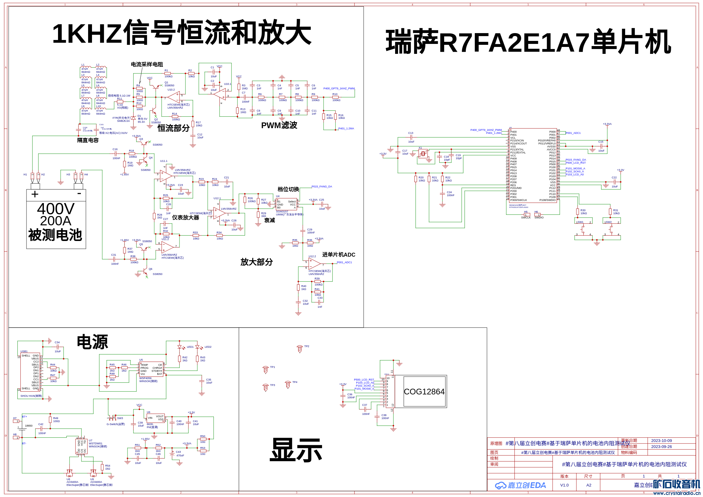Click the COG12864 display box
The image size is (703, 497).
coord(424,391)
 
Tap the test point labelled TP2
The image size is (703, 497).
coord(300,349)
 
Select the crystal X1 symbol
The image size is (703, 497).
coord(423,153)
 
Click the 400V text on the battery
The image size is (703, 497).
coord(56,209)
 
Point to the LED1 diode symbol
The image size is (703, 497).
coord(180,347)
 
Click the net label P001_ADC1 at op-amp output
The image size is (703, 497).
coord(345,262)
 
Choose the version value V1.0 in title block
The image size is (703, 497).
coord(564,485)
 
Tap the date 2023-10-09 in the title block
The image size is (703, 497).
coord(662,441)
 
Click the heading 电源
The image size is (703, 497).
coord(92,342)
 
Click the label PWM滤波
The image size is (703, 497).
coord(279,125)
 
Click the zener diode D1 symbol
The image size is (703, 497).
coord(133,118)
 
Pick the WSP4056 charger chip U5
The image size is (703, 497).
coord(151,369)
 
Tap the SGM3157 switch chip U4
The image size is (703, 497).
coord(286,204)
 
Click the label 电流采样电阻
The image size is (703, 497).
coord(147,64)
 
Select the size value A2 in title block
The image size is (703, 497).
coord(589,485)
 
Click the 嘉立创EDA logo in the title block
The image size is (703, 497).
coord(520,485)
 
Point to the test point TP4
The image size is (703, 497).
coord(288,384)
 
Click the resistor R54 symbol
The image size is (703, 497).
coord(102,467)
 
